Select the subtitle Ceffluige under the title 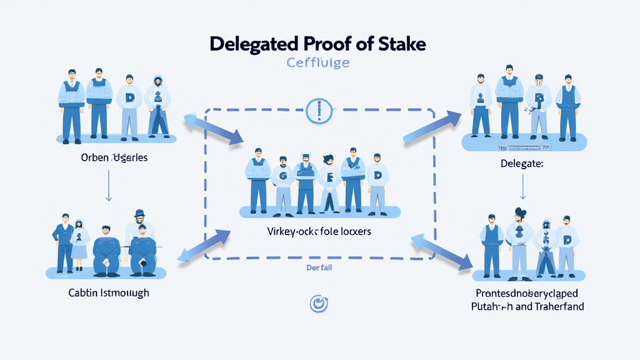(x=318, y=63)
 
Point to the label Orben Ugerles (x=114, y=157)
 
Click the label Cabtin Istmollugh (x=109, y=292)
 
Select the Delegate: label (x=522, y=164)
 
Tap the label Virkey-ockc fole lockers (x=319, y=231)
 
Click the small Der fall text (x=318, y=267)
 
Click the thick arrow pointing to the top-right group (x=431, y=125)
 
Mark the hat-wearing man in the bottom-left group (x=140, y=241)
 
